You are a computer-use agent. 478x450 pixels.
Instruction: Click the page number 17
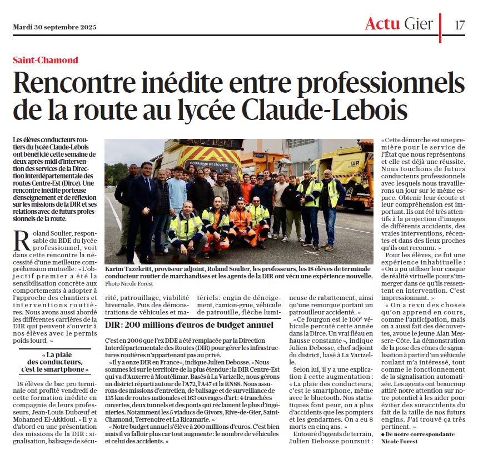coord(460,24)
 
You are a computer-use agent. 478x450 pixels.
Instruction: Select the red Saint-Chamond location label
coord(46,60)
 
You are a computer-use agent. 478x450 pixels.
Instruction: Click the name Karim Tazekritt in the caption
coord(131,268)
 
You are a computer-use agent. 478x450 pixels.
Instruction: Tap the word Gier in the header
coord(419,23)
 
